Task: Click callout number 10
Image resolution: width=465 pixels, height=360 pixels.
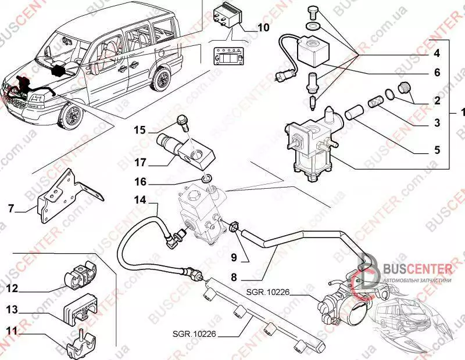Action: tap(263, 27)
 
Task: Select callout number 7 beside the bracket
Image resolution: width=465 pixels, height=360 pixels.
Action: tap(10, 207)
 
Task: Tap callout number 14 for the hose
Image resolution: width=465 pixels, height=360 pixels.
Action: tap(139, 200)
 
